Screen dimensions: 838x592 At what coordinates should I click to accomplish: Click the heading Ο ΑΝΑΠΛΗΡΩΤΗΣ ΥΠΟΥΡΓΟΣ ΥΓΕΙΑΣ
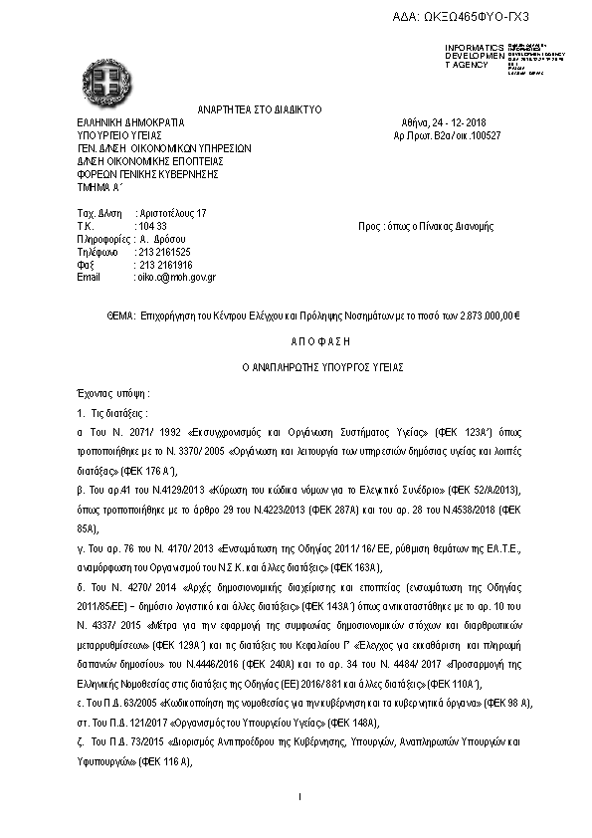coord(296,366)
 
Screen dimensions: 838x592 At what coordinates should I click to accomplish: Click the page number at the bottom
coord(298,796)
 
